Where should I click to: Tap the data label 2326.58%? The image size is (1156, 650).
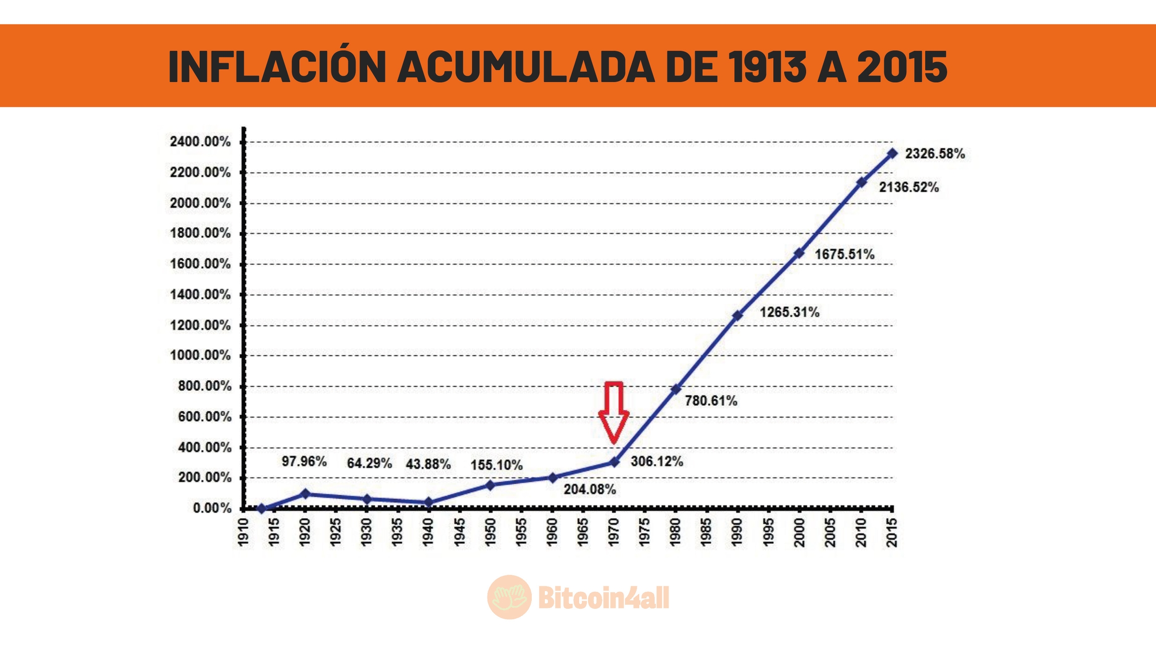tap(935, 153)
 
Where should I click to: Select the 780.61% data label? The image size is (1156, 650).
tap(711, 401)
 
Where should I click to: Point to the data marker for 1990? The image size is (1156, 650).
tap(737, 315)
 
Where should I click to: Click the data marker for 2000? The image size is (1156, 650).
tap(799, 253)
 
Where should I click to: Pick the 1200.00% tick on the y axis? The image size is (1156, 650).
tap(200, 326)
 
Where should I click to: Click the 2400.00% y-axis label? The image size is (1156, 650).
tap(200, 142)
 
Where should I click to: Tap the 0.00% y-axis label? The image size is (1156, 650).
tap(212, 508)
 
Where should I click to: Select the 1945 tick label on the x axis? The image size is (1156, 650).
tap(459, 532)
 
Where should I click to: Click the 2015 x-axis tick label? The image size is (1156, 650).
tap(892, 532)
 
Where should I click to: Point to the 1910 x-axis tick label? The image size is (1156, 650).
tap(243, 532)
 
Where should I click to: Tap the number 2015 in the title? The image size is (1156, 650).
tap(902, 67)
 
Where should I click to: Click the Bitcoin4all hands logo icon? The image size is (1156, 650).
tap(509, 597)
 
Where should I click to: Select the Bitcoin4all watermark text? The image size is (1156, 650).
tap(604, 598)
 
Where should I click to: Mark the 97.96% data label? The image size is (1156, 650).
tap(304, 461)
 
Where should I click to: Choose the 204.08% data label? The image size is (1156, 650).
tap(590, 489)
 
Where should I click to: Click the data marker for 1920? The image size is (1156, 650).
tap(305, 494)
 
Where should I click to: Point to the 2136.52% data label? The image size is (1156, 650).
tap(909, 188)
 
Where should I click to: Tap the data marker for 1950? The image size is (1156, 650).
tap(490, 485)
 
